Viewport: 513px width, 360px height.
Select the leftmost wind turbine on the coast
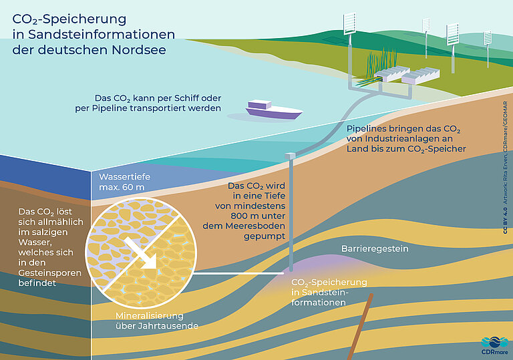[x=349, y=24]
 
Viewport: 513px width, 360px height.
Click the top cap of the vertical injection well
[x=289, y=156]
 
